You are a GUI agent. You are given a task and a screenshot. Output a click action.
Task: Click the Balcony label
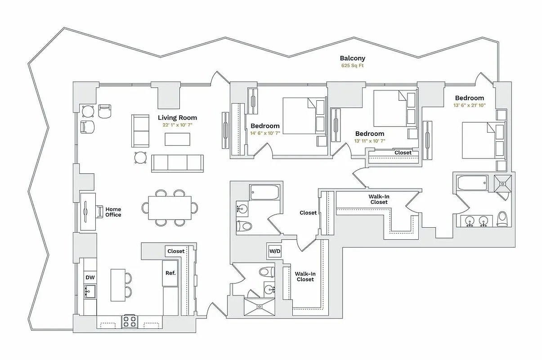(352, 58)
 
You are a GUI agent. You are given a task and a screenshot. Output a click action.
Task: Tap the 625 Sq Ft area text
(352, 66)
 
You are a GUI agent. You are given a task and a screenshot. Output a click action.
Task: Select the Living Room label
(177, 117)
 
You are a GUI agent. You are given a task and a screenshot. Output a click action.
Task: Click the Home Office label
(113, 212)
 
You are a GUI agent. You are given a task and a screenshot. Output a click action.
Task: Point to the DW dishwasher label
(90, 278)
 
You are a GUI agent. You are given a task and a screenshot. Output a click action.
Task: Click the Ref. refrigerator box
(170, 273)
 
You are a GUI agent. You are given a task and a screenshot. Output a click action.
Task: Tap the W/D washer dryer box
(274, 251)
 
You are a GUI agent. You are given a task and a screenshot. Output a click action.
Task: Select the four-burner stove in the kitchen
(130, 321)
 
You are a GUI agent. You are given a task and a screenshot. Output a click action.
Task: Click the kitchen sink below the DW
(90, 291)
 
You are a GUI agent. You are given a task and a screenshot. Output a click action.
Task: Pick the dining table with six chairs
(170, 207)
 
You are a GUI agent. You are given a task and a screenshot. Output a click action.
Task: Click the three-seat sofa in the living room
(177, 163)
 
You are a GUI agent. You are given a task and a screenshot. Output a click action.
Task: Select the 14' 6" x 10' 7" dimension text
(265, 133)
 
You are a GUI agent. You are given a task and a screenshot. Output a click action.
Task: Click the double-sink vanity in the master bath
(476, 221)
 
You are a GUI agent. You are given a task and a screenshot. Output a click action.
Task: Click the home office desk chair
(99, 211)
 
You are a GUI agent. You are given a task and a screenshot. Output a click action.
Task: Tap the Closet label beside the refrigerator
(175, 251)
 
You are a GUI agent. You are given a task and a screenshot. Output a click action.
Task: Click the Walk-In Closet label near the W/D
(305, 276)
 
